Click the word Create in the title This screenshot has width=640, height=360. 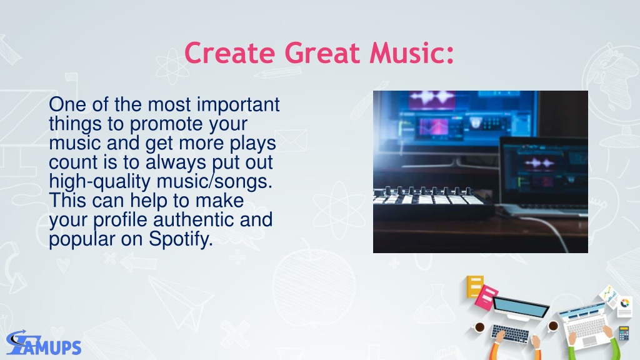[230, 53]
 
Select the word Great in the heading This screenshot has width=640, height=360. [322, 53]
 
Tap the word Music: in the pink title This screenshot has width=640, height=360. [412, 53]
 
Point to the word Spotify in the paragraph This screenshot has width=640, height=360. [181, 239]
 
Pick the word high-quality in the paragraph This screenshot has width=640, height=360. [99, 182]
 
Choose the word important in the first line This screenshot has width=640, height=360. [238, 105]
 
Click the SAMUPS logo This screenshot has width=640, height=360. [44, 343]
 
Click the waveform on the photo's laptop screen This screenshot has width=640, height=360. [539, 163]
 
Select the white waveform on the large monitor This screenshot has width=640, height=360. [432, 98]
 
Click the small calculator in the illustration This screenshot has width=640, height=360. [624, 334]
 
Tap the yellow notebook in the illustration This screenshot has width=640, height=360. [475, 286]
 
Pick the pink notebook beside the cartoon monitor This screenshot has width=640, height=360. [486, 297]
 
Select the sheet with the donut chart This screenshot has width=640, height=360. [624, 305]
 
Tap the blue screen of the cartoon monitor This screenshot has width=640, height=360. [521, 307]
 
